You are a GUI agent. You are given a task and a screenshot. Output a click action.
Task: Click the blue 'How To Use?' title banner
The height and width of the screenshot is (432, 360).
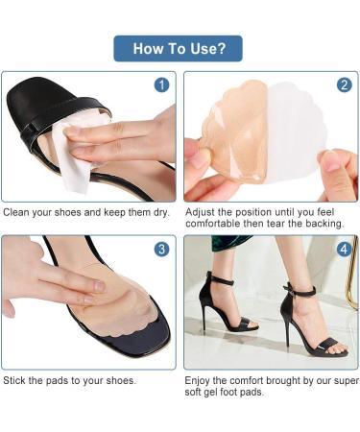click(178, 48)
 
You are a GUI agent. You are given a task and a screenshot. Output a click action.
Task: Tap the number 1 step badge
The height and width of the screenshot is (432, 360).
click(161, 85)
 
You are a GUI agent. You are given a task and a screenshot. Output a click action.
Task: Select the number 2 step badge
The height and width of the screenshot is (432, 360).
click(345, 85)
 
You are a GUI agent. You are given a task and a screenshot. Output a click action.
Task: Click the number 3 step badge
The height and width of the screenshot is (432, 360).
click(161, 249)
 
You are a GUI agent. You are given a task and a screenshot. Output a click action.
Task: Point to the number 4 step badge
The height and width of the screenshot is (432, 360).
click(345, 249)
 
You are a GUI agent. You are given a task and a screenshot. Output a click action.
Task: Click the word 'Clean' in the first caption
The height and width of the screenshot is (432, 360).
click(16, 212)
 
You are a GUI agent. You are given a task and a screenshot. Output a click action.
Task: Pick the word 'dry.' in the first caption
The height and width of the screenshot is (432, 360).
click(161, 213)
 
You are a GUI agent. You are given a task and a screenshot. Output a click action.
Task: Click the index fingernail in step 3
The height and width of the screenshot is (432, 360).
click(100, 286)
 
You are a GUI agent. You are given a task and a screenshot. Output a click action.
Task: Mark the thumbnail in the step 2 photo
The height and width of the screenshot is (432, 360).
click(331, 159)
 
